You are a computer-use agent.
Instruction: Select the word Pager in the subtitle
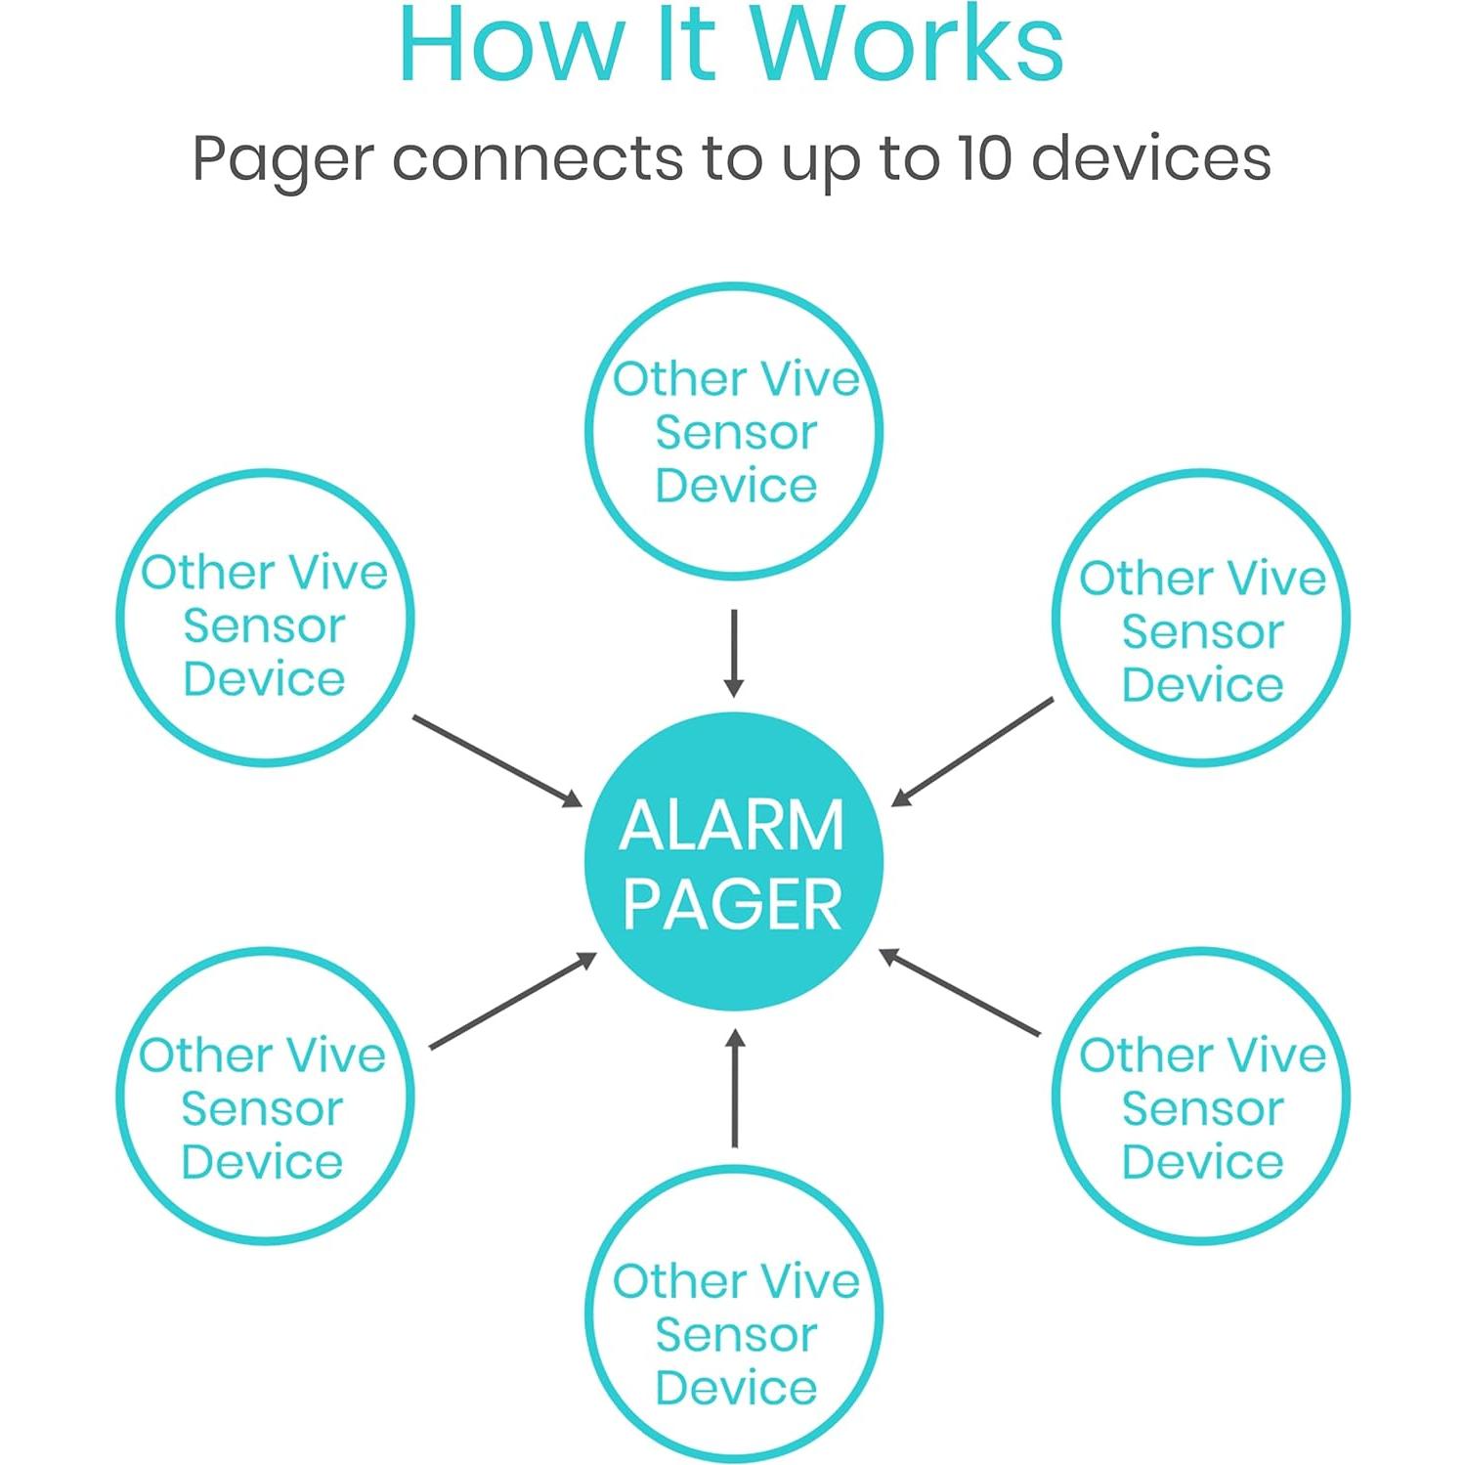click(x=283, y=160)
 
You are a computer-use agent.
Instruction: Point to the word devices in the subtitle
click(x=1151, y=158)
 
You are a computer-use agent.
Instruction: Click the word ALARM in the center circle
click(x=732, y=826)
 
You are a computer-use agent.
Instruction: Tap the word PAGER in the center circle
click(x=732, y=904)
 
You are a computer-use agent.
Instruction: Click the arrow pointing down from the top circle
click(x=734, y=653)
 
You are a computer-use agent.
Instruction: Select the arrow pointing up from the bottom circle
click(x=735, y=1088)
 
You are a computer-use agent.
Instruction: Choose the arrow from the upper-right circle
click(x=972, y=752)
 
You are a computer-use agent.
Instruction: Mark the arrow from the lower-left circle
click(x=512, y=1002)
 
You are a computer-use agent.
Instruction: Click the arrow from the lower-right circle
click(x=960, y=992)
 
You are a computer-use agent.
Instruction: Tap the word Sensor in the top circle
click(x=736, y=433)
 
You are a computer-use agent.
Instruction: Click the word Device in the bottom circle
click(x=736, y=1388)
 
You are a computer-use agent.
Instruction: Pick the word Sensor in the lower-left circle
click(x=263, y=1109)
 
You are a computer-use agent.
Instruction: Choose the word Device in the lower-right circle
click(x=1202, y=1162)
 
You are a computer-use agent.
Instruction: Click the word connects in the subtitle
click(x=537, y=158)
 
